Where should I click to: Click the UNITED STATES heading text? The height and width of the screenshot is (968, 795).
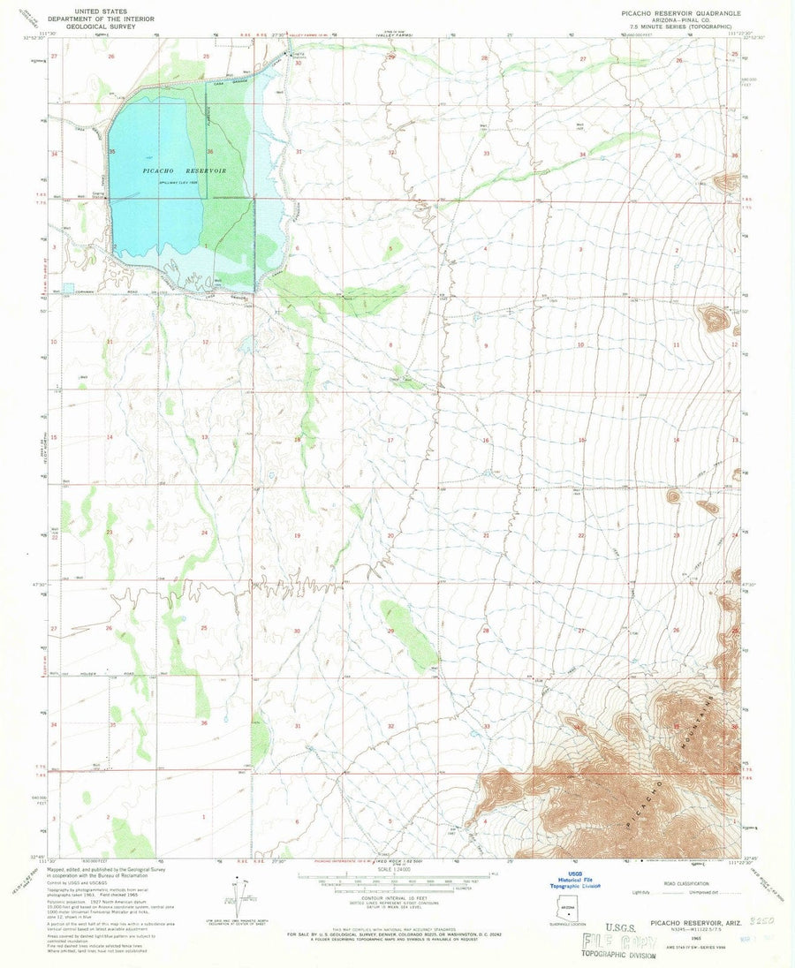[100, 5]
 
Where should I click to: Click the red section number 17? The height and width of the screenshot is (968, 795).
[390, 439]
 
